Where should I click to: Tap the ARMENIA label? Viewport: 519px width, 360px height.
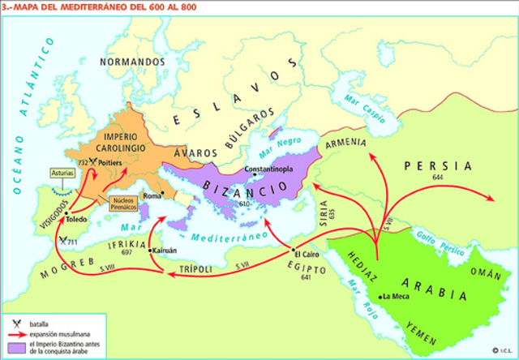(x=347, y=143)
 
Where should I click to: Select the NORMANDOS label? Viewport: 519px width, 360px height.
(x=127, y=62)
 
